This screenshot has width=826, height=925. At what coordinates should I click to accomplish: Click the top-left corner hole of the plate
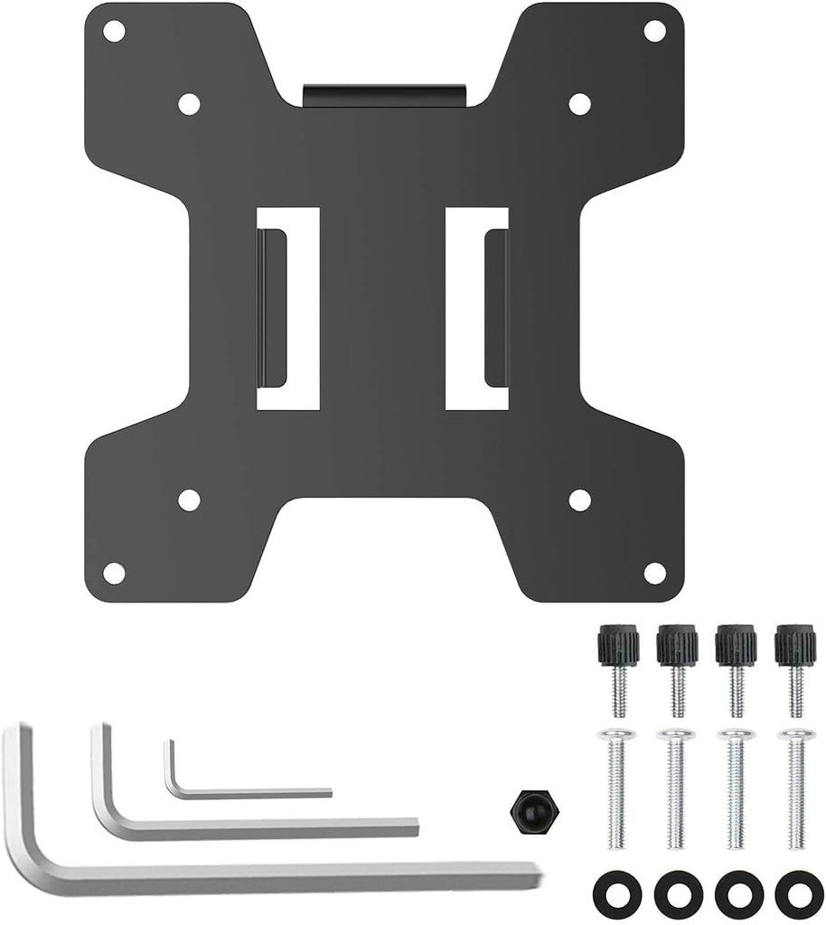pos(114,31)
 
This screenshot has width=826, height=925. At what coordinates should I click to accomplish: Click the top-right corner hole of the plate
pos(654,31)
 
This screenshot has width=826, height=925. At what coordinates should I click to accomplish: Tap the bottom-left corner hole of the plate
pos(114,573)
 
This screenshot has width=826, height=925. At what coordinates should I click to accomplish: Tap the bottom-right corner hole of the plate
pos(654,573)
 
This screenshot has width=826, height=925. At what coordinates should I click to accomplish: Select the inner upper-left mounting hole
pos(188,104)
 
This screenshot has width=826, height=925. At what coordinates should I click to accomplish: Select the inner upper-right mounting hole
pos(579,104)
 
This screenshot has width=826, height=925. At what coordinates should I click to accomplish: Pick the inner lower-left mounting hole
pos(188,500)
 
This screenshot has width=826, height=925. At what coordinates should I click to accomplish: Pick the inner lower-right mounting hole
pos(579,500)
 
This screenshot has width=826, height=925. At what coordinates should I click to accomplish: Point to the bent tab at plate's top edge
pos(384,94)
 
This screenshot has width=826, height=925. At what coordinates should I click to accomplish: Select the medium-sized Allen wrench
pos(253,825)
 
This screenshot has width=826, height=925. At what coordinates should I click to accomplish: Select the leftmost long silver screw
pos(619,786)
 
